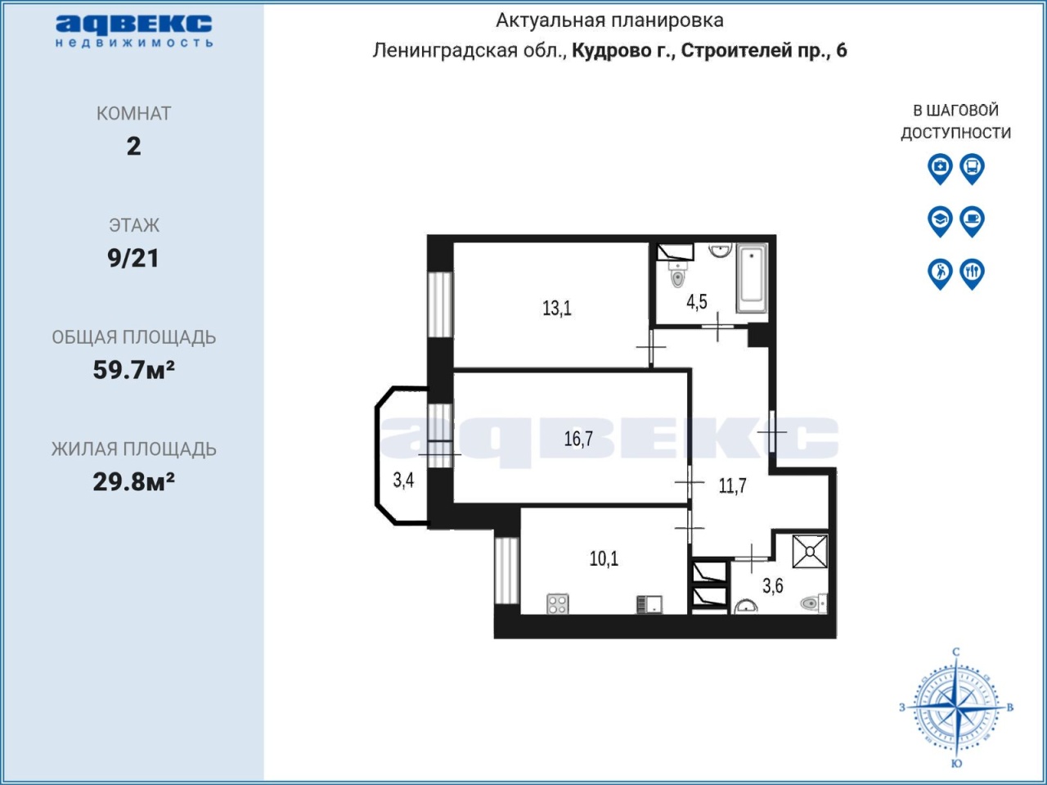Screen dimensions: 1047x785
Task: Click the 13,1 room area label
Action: tap(557, 309)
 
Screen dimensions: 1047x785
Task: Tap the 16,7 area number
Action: tap(578, 439)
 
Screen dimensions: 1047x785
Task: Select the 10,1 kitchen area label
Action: tap(604, 558)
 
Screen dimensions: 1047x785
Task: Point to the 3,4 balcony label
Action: tap(403, 480)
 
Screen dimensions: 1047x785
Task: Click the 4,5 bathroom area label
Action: tap(696, 301)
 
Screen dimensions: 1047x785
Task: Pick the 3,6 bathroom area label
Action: tap(773, 585)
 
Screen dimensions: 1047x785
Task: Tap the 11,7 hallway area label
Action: tap(733, 485)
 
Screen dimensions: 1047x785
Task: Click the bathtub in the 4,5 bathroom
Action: tap(752, 277)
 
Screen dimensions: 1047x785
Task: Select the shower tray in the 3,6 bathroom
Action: tap(810, 552)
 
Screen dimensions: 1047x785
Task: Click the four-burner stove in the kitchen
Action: tap(558, 603)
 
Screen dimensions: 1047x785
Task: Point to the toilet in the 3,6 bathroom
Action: tap(814, 603)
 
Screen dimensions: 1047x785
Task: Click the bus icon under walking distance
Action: tap(972, 168)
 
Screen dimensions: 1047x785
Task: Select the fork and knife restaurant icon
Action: tap(972, 273)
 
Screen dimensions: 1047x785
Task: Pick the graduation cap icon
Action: tap(940, 221)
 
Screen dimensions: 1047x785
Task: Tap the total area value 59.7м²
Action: tap(133, 370)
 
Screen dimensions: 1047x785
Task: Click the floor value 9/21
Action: tap(133, 258)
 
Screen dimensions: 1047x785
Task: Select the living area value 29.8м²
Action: tap(133, 482)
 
